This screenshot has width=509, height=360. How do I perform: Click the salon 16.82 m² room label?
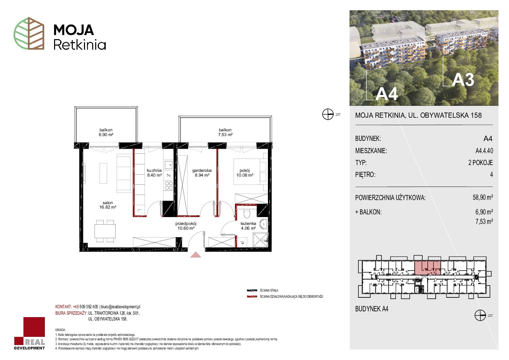coord(108,205)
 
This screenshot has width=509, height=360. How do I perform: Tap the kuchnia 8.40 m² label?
coord(154,173)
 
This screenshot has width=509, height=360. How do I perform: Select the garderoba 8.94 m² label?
coord(202,173)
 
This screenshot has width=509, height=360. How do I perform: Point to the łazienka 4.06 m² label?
coord(248,226)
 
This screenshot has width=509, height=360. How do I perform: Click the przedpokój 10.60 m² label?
coord(186,226)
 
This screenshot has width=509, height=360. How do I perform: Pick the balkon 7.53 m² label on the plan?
coord(225,132)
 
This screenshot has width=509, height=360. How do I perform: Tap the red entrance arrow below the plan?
coord(196,255)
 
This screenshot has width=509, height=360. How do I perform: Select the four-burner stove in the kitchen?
coord(169,185)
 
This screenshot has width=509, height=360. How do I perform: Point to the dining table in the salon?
coord(105,231)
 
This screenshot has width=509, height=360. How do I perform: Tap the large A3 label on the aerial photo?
coord(463,80)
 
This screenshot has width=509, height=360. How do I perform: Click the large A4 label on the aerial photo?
coord(386,94)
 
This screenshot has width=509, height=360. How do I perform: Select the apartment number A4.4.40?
coord(484,150)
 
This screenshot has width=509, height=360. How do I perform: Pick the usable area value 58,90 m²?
coord(482,197)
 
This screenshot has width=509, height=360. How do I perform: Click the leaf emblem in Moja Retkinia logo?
coord(29,33)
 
